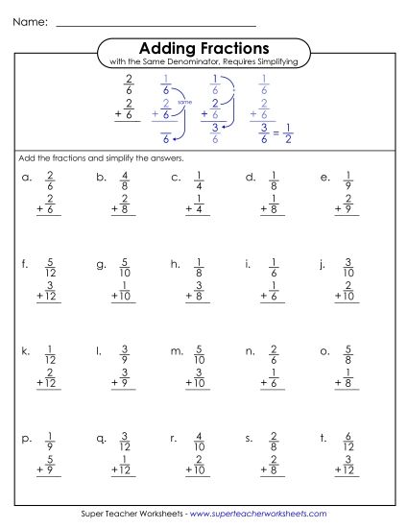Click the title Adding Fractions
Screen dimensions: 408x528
tap(204, 47)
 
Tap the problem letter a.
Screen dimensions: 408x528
tap(26, 178)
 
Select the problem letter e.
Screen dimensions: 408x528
tap(325, 178)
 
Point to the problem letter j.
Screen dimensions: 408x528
tap(325, 262)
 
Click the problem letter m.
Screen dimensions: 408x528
tap(177, 351)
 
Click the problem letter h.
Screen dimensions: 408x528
tap(176, 262)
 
